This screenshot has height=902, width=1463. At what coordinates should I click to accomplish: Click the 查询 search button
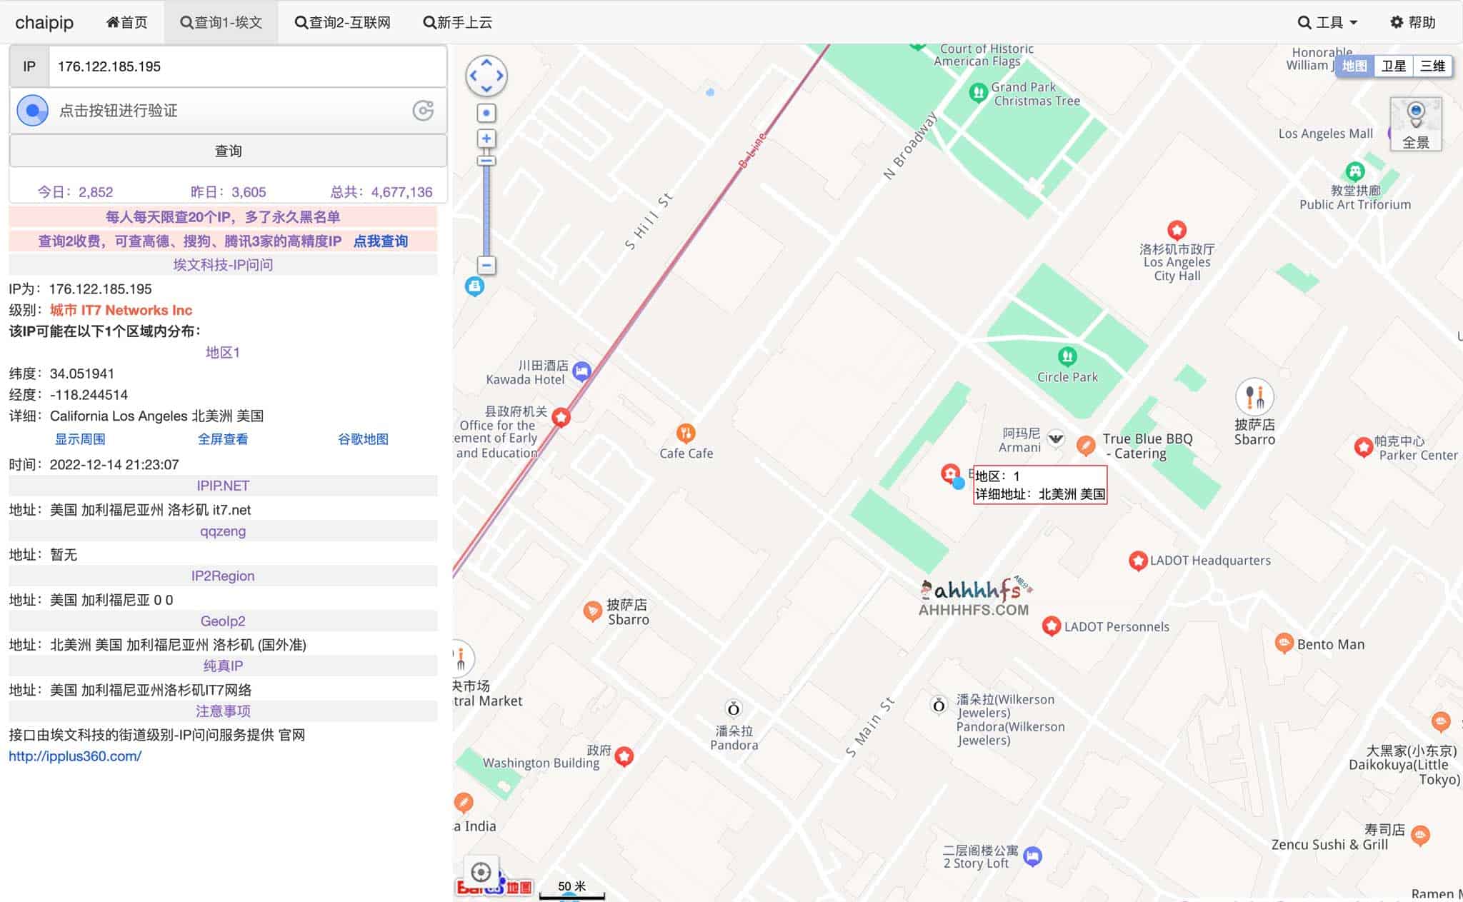228,151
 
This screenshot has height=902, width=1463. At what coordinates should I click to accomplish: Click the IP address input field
246,66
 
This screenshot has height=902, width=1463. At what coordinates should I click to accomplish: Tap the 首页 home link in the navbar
127,22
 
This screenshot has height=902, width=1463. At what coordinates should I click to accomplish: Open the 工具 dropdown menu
1327,22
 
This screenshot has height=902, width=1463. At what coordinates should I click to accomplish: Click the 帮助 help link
1413,22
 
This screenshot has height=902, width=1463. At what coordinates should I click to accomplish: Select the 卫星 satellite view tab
1393,66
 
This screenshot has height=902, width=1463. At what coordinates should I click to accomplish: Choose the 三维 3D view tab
1432,66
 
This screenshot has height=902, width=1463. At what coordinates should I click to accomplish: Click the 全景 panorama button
1415,125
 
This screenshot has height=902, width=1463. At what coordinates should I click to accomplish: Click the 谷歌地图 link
363,439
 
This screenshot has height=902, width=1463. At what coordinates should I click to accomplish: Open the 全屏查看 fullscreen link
223,439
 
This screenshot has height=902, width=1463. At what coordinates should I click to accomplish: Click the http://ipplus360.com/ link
75,756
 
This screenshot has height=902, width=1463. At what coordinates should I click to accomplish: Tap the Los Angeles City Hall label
1177,262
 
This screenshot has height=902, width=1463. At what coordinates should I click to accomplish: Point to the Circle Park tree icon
1067,356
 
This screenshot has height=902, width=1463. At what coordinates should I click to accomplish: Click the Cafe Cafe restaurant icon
686,433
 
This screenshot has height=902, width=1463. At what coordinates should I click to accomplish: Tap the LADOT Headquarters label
1210,561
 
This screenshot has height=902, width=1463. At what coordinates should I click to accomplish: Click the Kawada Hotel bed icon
582,371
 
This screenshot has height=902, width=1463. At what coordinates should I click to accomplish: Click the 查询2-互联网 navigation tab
343,22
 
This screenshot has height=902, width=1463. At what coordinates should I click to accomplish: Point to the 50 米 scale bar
571,889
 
